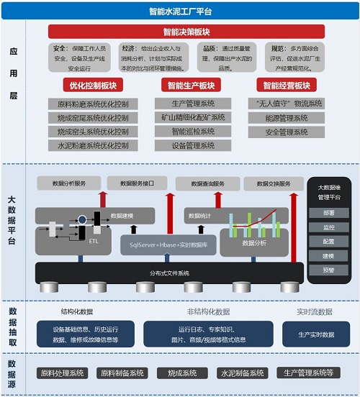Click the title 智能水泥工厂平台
(180, 12)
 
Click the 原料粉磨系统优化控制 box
(94, 104)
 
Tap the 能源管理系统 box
(286, 117)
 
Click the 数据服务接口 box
(140, 183)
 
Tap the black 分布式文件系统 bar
(169, 273)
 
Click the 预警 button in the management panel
(329, 270)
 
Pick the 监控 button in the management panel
(329, 227)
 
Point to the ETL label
(94, 242)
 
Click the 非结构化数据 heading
(209, 311)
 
